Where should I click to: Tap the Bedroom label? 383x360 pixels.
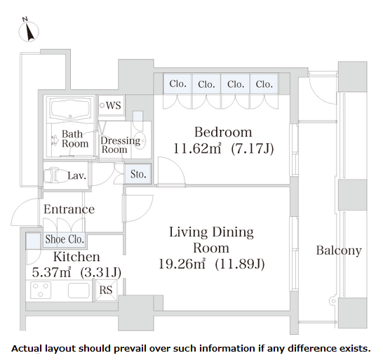(223, 132)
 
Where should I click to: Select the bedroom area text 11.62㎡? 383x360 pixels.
(197, 148)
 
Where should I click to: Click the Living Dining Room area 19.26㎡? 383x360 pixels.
(182, 264)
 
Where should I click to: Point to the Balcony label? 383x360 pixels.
(339, 251)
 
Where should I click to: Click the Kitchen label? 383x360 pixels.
(76, 257)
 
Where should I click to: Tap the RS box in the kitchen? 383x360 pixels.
(106, 290)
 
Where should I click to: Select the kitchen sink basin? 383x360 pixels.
(79, 291)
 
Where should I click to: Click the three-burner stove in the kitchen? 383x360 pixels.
(41, 290)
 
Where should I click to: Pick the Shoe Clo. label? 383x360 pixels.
(65, 239)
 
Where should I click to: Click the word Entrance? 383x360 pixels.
(69, 209)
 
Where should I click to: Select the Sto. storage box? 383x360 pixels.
(138, 174)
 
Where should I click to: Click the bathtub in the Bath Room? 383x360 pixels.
(70, 109)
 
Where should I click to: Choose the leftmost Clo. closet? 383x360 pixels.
(177, 84)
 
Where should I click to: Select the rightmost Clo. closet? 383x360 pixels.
(264, 84)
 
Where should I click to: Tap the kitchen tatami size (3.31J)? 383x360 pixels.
(100, 272)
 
